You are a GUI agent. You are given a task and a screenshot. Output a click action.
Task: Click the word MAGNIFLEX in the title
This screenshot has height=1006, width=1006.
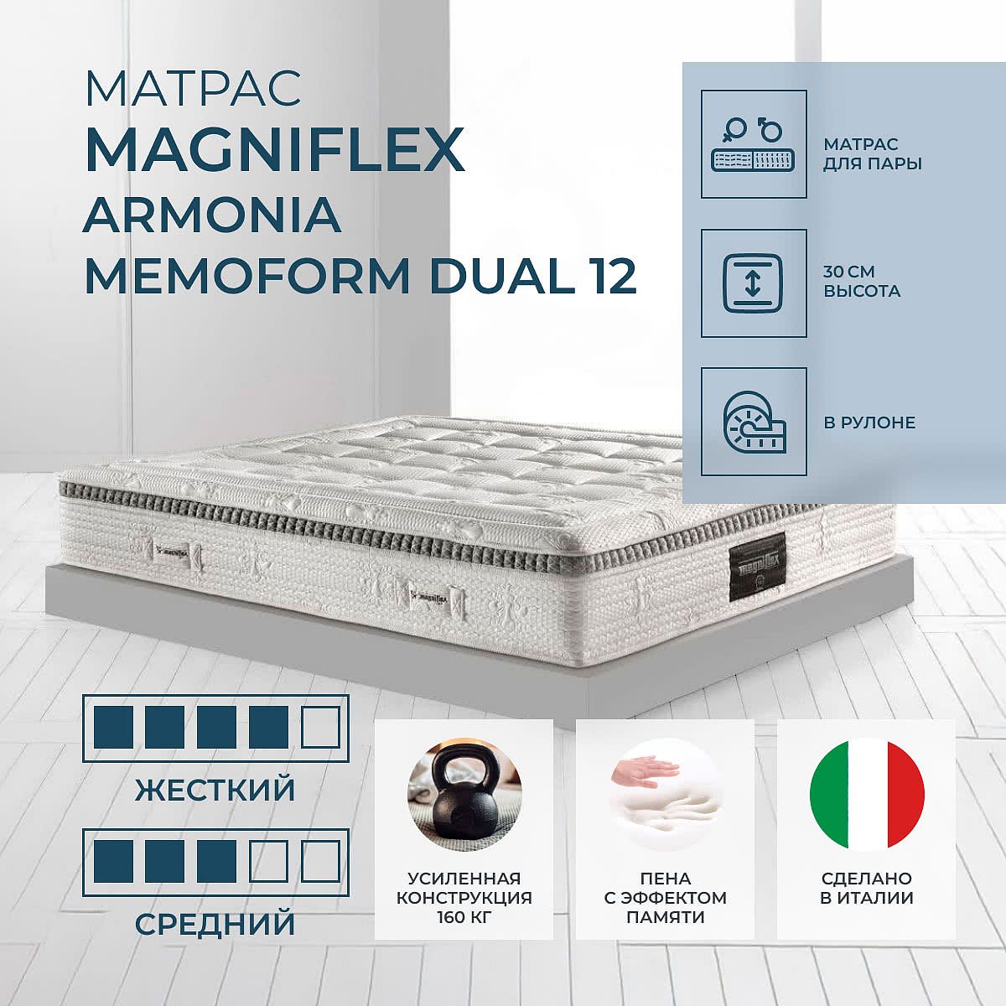coord(275,147)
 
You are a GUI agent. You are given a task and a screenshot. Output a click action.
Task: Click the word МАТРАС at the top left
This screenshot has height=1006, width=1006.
coord(193,88)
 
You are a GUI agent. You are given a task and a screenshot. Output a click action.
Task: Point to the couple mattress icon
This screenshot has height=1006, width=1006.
coord(754,143)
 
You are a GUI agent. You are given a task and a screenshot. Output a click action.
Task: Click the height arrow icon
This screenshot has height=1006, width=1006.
coord(754,283)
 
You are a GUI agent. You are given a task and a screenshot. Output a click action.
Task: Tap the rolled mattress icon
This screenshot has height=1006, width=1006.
coord(754,422)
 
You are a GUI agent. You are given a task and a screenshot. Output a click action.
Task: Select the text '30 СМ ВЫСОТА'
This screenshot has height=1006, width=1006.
coord(862,282)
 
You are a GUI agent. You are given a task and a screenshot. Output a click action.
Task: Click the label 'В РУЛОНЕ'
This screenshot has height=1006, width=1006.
coord(869,422)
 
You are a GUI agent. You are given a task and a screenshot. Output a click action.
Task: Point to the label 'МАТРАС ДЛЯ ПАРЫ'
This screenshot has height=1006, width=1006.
coord(873,154)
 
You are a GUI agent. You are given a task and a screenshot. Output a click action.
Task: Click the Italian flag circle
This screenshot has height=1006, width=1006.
coord(867,796)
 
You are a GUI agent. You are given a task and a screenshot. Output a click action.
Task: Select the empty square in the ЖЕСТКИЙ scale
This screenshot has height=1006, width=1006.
coord(321,728)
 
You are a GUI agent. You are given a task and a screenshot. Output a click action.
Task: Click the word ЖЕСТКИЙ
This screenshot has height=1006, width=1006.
coord(215,790)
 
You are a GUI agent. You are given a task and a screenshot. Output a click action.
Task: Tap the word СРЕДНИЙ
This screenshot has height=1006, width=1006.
coord(215,924)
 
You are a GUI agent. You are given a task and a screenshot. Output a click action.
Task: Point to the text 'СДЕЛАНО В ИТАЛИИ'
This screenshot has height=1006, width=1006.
coord(867,888)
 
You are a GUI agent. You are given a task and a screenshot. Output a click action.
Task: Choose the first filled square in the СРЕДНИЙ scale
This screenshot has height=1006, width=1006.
coord(113,861)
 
